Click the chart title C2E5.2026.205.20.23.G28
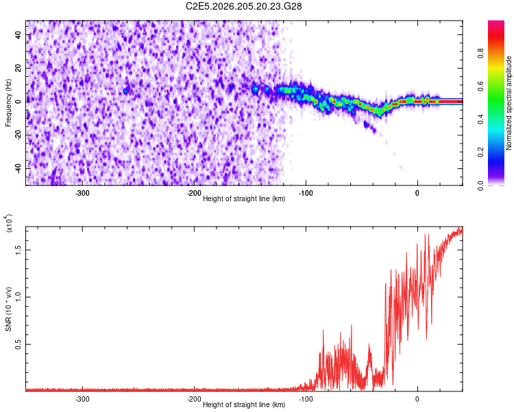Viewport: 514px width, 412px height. [243, 6]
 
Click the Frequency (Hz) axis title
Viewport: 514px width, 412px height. [8, 103]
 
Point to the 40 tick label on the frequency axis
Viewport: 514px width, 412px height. [19, 34]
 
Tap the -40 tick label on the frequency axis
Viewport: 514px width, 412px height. [19, 168]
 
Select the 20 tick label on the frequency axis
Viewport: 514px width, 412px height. [19, 68]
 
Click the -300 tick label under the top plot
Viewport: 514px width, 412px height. [82, 193]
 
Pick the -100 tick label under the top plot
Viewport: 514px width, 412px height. [306, 193]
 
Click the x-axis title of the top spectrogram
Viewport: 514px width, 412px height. [244, 198]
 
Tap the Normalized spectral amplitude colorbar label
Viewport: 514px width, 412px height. [509, 103]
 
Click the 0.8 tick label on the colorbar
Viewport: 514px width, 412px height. [480, 54]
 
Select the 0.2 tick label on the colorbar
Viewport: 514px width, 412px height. [480, 152]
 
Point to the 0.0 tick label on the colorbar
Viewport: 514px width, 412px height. [480, 185]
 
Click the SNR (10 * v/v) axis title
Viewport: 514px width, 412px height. [8, 309]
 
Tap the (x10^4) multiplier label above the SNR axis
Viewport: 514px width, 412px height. [9, 223]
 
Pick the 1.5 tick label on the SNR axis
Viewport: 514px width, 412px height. [19, 250]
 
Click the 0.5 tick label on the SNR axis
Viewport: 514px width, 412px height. [19, 344]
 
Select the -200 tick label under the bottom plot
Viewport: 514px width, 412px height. [194, 399]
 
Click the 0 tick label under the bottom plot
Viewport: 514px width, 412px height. [417, 399]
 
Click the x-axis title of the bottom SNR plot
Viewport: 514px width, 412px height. [244, 404]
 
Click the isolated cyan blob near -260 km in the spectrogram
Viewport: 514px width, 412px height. [125, 91]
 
